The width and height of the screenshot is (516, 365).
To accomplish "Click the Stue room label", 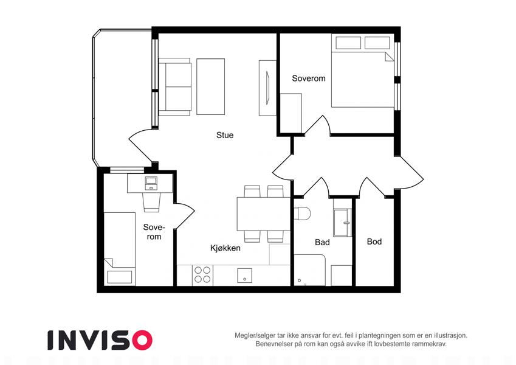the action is [225, 135].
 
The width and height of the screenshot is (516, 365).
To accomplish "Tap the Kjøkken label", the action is [225, 248].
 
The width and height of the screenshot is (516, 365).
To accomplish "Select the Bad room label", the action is [322, 243].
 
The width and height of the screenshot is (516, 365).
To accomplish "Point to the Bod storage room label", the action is [374, 242].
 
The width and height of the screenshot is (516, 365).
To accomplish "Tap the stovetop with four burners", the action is [202, 275].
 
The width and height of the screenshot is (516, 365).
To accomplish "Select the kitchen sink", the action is [245, 276].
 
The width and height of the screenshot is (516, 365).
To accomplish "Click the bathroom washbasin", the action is [343, 223].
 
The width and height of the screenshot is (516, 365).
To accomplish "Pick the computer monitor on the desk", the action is [151, 181].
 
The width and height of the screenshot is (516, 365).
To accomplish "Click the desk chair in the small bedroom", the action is [151, 201].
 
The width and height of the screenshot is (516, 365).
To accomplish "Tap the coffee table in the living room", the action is [211, 86].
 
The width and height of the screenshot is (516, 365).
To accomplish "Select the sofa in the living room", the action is [175, 87].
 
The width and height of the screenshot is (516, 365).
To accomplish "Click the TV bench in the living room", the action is [267, 88].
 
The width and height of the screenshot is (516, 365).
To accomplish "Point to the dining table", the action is [264, 214].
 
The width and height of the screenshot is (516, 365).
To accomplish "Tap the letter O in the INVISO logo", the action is [142, 340].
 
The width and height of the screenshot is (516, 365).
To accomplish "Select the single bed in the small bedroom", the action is [120, 249].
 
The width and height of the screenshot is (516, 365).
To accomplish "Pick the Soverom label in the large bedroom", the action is [309, 78].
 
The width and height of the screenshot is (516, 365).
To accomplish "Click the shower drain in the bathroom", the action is [300, 280].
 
